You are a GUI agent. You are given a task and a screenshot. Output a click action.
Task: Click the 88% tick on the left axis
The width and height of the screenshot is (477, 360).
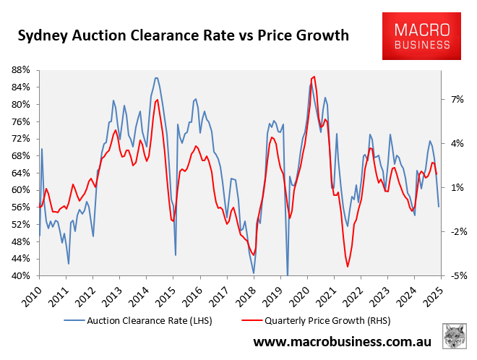click(20, 69)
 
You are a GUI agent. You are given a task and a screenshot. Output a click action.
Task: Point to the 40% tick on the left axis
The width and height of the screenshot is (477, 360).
click(20, 276)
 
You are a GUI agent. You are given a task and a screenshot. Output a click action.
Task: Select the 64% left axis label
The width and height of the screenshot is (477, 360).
click(20, 173)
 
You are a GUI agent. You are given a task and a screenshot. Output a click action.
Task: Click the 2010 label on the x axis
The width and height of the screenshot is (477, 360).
click(31, 291)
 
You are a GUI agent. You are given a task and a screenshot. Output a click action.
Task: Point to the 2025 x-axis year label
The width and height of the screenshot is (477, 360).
click(433, 291)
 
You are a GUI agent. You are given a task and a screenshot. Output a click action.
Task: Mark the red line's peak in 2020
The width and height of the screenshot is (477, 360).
click(313, 77)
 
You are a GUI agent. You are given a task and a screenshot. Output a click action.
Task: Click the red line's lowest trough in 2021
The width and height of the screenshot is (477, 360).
click(348, 267)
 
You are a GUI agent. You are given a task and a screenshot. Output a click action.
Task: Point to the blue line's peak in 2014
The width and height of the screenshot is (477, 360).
click(156, 77)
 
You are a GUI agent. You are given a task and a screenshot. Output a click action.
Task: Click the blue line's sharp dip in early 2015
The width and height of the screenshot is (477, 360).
click(176, 254)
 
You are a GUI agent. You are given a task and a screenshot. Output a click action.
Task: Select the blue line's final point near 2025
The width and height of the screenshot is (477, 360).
click(439, 207)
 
